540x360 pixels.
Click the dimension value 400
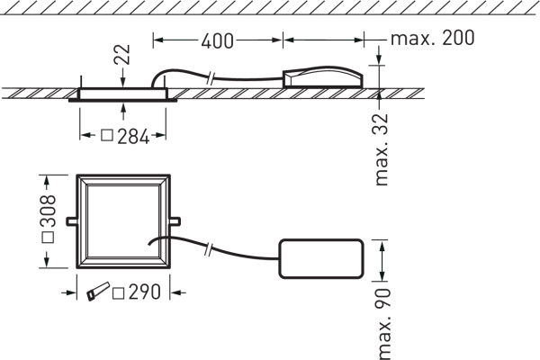coord(217,41)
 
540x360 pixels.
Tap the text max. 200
coord(433,38)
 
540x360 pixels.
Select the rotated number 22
coord(122,54)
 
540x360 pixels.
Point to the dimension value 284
coord(133,137)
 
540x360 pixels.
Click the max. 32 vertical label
coord(382,150)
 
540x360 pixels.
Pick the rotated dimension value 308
coord(48,211)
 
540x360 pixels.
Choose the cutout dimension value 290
coord(144,292)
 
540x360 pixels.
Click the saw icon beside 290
coord(98,292)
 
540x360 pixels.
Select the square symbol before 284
coord(107,135)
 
